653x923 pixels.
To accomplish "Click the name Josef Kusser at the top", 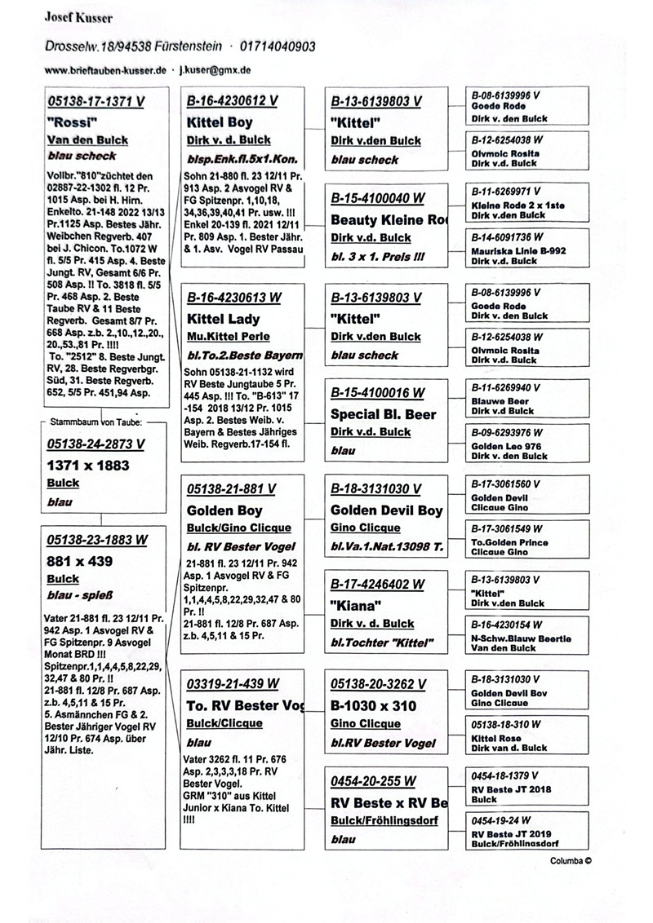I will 78,18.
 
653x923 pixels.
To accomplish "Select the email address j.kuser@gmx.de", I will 215,70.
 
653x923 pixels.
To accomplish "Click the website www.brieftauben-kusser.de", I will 105,70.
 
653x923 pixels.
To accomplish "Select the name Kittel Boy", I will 220,122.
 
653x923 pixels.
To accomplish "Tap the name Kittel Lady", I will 224,318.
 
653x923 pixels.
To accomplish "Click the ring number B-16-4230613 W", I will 233,298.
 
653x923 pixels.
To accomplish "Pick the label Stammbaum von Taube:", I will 97,422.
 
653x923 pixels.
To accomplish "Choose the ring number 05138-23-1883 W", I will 97,539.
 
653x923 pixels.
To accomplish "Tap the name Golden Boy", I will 224,510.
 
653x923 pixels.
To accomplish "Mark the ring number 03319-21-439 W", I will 233,683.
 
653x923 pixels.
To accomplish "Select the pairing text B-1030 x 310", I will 373,705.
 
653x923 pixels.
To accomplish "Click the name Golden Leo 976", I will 506,447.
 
